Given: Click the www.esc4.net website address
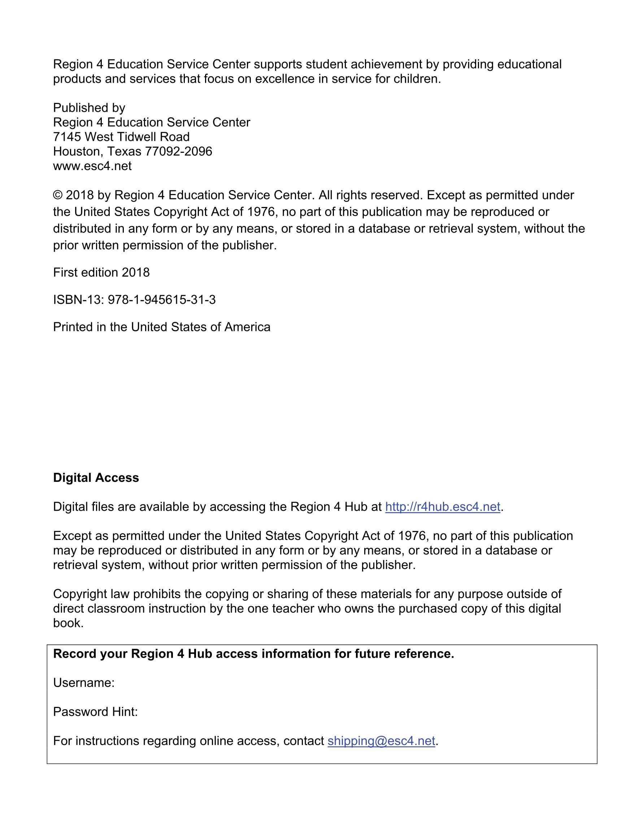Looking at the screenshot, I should coord(92,166).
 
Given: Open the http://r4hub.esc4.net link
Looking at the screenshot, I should coord(443,507).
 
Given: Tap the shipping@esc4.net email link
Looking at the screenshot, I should coord(381,741).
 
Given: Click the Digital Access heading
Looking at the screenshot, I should coord(96,478).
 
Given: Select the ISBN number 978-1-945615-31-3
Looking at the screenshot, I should coord(161,300).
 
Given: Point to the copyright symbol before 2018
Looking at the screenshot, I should coord(58,195).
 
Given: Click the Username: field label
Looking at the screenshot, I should coord(84,683).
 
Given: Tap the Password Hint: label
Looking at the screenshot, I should coord(95,712).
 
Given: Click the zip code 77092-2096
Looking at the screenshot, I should coord(178,152).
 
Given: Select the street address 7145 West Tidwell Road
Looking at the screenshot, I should coord(121,137).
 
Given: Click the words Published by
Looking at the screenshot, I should coord(89,108).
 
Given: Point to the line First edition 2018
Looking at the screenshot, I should coord(101,272).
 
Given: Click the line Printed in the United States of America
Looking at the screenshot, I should coord(161,327).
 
